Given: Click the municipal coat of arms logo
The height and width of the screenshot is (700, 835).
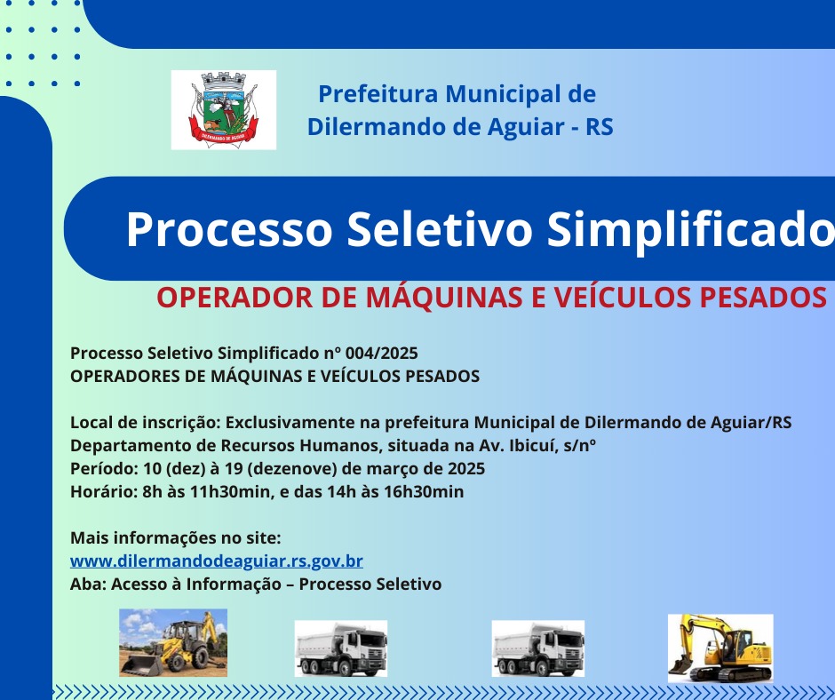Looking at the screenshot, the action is [224, 110].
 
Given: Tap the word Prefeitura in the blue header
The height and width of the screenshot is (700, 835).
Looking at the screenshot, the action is [378, 94].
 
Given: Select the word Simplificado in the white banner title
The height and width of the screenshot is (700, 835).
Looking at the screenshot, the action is [691, 229].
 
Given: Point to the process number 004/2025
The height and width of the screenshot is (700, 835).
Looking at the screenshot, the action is [381, 354].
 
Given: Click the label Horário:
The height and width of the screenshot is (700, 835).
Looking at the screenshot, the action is [105, 492].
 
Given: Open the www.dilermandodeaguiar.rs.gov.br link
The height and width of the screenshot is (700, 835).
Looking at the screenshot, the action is [217, 561].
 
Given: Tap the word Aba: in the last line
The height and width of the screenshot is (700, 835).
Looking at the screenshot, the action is [89, 584].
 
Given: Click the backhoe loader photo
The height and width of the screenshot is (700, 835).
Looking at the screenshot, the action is [173, 643].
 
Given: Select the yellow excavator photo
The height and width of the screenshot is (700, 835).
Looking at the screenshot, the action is [720, 648].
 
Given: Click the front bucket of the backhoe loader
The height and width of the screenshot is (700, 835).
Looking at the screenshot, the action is [142, 665].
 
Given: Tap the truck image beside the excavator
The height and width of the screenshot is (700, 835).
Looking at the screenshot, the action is [537, 648].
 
